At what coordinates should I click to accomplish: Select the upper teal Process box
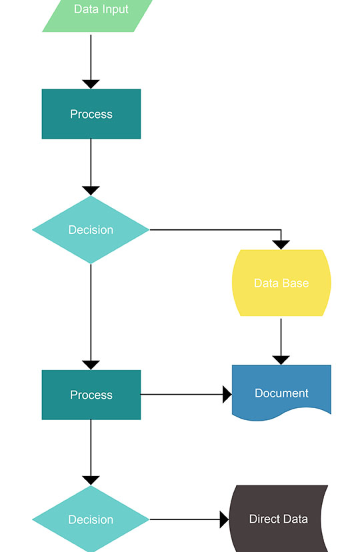pyautogui.click(x=91, y=114)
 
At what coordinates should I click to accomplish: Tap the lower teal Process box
pyautogui.click(x=91, y=395)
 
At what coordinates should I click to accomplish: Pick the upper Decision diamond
pyautogui.click(x=91, y=229)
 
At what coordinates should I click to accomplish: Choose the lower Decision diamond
pyautogui.click(x=91, y=519)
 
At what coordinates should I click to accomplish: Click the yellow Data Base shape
pyautogui.click(x=281, y=283)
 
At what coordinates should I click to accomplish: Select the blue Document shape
pyautogui.click(x=281, y=392)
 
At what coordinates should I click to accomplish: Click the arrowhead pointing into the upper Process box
pyautogui.click(x=91, y=84)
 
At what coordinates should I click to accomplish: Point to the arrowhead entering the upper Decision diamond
pyautogui.click(x=91, y=190)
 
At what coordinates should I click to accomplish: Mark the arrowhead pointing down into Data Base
pyautogui.click(x=281, y=244)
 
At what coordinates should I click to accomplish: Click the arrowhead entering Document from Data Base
pyautogui.click(x=281, y=360)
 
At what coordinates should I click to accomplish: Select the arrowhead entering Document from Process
pyautogui.click(x=227, y=395)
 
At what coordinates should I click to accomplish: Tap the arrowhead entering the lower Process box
pyautogui.click(x=91, y=365)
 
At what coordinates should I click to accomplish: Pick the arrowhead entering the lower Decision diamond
pyautogui.click(x=91, y=480)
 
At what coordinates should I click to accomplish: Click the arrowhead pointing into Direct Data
pyautogui.click(x=224, y=519)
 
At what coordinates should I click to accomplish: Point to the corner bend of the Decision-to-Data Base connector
pyautogui.click(x=281, y=229)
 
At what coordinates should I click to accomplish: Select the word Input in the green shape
pyautogui.click(x=115, y=9)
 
